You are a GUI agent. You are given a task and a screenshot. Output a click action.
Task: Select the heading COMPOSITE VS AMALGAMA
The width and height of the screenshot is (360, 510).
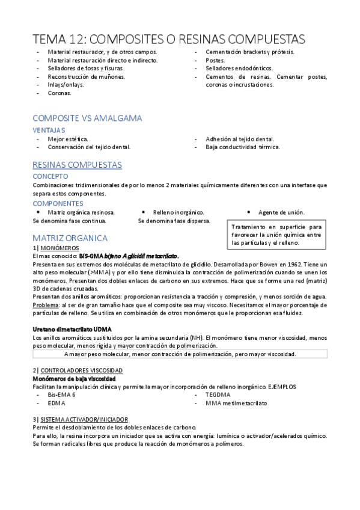tap(87, 118)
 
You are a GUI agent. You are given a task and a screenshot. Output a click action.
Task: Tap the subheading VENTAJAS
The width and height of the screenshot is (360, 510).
tap(49, 130)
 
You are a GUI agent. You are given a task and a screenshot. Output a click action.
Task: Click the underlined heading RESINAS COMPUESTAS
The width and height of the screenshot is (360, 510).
tap(77, 164)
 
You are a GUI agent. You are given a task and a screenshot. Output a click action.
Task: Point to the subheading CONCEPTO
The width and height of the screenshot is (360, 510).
tap(50, 176)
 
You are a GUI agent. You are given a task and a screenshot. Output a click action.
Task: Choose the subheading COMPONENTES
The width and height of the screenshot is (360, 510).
tap(58, 203)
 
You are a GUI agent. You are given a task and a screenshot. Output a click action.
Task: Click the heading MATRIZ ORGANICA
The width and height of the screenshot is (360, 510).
tap(70, 238)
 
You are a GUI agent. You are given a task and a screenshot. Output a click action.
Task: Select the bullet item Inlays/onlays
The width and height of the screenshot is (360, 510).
tap(66, 85)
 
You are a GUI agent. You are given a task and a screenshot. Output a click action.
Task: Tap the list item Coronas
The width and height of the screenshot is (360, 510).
tap(59, 93)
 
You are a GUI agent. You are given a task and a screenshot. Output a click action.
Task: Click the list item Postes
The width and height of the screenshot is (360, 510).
tap(215, 60)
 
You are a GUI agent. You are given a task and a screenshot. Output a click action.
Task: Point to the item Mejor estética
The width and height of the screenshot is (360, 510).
tap(68, 139)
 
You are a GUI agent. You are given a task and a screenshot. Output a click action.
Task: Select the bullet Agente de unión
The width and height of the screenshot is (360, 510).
tap(281, 212)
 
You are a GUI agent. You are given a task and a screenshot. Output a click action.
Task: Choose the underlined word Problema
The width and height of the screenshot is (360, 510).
tap(46, 306)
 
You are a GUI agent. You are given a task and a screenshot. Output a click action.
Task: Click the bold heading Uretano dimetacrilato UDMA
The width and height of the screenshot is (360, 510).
tap(72, 329)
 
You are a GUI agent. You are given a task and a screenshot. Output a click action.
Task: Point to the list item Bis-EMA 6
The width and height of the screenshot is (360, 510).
tap(62, 395)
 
